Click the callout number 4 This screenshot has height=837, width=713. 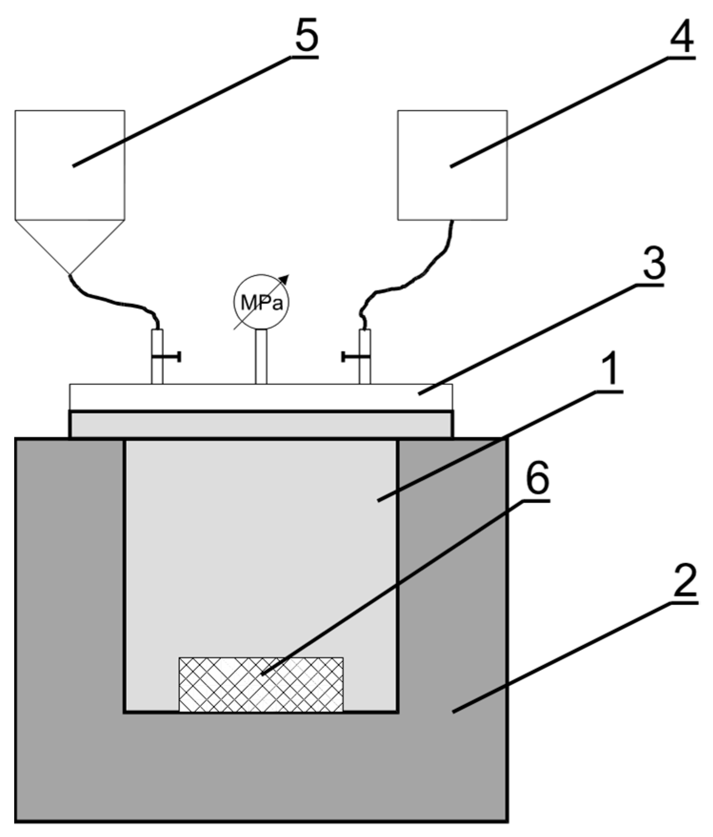pyautogui.click(x=681, y=36)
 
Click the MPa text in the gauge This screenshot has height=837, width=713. pyautogui.click(x=261, y=303)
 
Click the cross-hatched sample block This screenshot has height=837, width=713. pyautogui.click(x=261, y=685)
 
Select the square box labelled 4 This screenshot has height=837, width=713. pyautogui.click(x=452, y=165)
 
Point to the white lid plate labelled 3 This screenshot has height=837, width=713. pyautogui.click(x=261, y=397)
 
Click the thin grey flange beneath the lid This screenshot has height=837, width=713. pyautogui.click(x=261, y=424)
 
